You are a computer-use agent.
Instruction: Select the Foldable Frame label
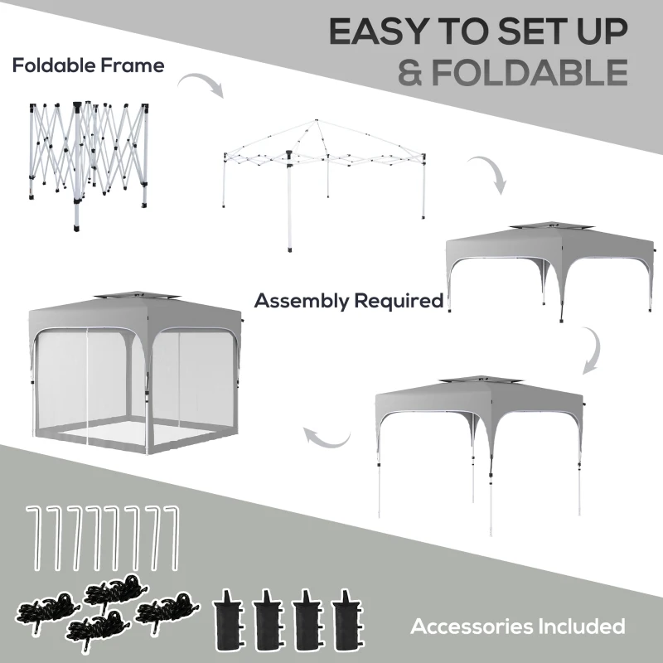point(88,65)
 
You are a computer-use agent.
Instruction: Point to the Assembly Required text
point(349,300)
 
